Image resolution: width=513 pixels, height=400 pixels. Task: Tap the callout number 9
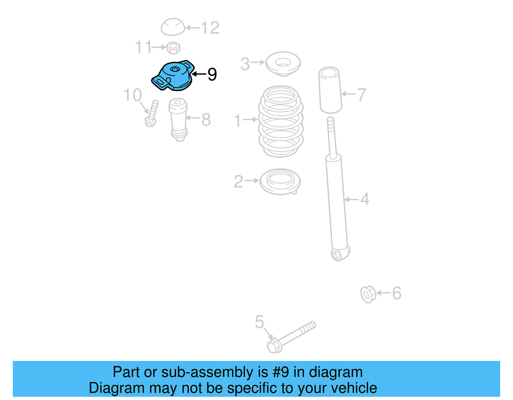click(212, 74)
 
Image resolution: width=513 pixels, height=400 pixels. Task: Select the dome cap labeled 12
click(173, 27)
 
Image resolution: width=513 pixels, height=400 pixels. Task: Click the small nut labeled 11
click(173, 48)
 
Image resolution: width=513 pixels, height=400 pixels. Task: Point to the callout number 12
click(210, 28)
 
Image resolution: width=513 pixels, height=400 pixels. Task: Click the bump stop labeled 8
click(179, 118)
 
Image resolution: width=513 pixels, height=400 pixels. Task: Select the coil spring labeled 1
click(281, 122)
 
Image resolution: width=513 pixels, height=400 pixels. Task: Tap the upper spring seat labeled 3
click(283, 63)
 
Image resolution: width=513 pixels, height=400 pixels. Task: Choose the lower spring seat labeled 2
click(280, 181)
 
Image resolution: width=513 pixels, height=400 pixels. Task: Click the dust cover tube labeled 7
click(330, 90)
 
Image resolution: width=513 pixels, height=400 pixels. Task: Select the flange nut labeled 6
click(368, 294)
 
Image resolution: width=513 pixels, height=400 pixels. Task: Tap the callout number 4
click(365, 199)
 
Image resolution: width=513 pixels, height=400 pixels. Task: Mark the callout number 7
click(362, 94)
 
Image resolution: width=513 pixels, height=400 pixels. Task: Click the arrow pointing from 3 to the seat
click(258, 62)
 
